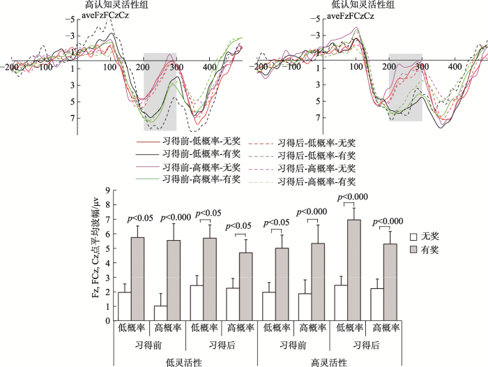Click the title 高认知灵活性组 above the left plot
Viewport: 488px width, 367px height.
116,4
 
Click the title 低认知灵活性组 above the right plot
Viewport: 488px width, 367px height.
363,4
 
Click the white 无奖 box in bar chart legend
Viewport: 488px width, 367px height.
413,237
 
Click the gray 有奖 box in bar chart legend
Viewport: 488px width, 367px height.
413,250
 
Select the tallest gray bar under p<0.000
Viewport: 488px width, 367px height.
354,270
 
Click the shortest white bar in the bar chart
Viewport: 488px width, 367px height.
160,313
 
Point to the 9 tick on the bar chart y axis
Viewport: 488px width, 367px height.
108,190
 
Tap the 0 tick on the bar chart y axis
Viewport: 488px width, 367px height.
108,321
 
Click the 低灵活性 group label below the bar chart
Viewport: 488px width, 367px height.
183,363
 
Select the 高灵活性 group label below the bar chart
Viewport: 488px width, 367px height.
328,363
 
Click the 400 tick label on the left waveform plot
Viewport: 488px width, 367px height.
209,67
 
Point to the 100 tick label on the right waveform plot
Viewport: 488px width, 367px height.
356,66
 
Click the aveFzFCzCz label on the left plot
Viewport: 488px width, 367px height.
105,15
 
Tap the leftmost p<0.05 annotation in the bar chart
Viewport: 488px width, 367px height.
140,218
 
